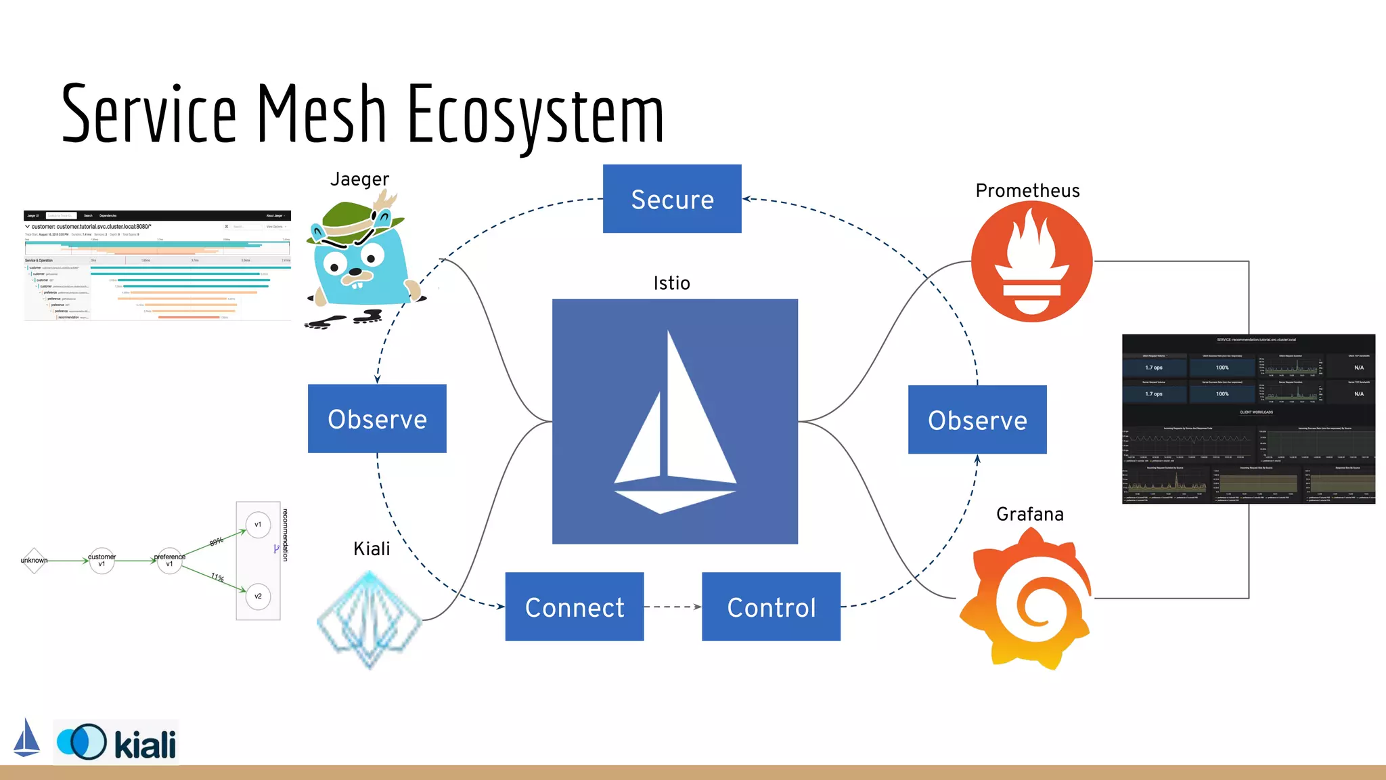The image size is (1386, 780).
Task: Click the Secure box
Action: (x=672, y=198)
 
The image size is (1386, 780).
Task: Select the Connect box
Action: (x=575, y=607)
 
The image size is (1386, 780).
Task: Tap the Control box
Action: (x=771, y=607)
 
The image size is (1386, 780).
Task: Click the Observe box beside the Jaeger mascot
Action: (x=377, y=418)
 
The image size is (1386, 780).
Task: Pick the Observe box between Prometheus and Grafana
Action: (x=977, y=420)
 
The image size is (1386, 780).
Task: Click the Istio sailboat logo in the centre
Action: (x=675, y=421)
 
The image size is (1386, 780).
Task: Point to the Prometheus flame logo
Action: (x=1031, y=261)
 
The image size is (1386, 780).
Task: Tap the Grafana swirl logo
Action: (x=1026, y=599)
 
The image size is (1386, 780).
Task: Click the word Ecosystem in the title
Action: (x=535, y=115)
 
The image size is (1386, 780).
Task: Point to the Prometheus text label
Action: (x=1027, y=191)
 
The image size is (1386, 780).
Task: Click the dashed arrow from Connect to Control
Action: (x=673, y=607)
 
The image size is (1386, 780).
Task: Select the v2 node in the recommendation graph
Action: (x=258, y=597)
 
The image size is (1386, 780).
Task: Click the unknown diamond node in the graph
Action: (x=34, y=561)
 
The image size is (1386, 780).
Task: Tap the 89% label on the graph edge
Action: (x=217, y=542)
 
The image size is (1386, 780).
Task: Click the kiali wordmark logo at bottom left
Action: (x=145, y=745)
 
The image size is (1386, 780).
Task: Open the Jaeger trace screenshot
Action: (x=157, y=265)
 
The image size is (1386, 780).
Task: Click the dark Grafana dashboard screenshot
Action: (x=1248, y=418)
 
